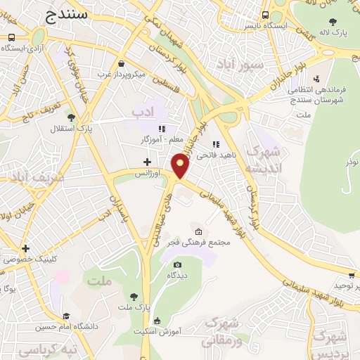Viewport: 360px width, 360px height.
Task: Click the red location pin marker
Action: click(x=181, y=166)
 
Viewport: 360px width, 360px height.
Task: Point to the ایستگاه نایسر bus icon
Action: click(x=265, y=15)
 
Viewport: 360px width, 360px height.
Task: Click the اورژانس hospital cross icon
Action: click(x=147, y=162)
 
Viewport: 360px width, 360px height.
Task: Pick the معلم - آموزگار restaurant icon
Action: click(x=162, y=129)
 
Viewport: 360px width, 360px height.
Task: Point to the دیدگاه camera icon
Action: click(x=177, y=264)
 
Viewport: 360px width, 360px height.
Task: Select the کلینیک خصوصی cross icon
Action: click(x=25, y=248)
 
